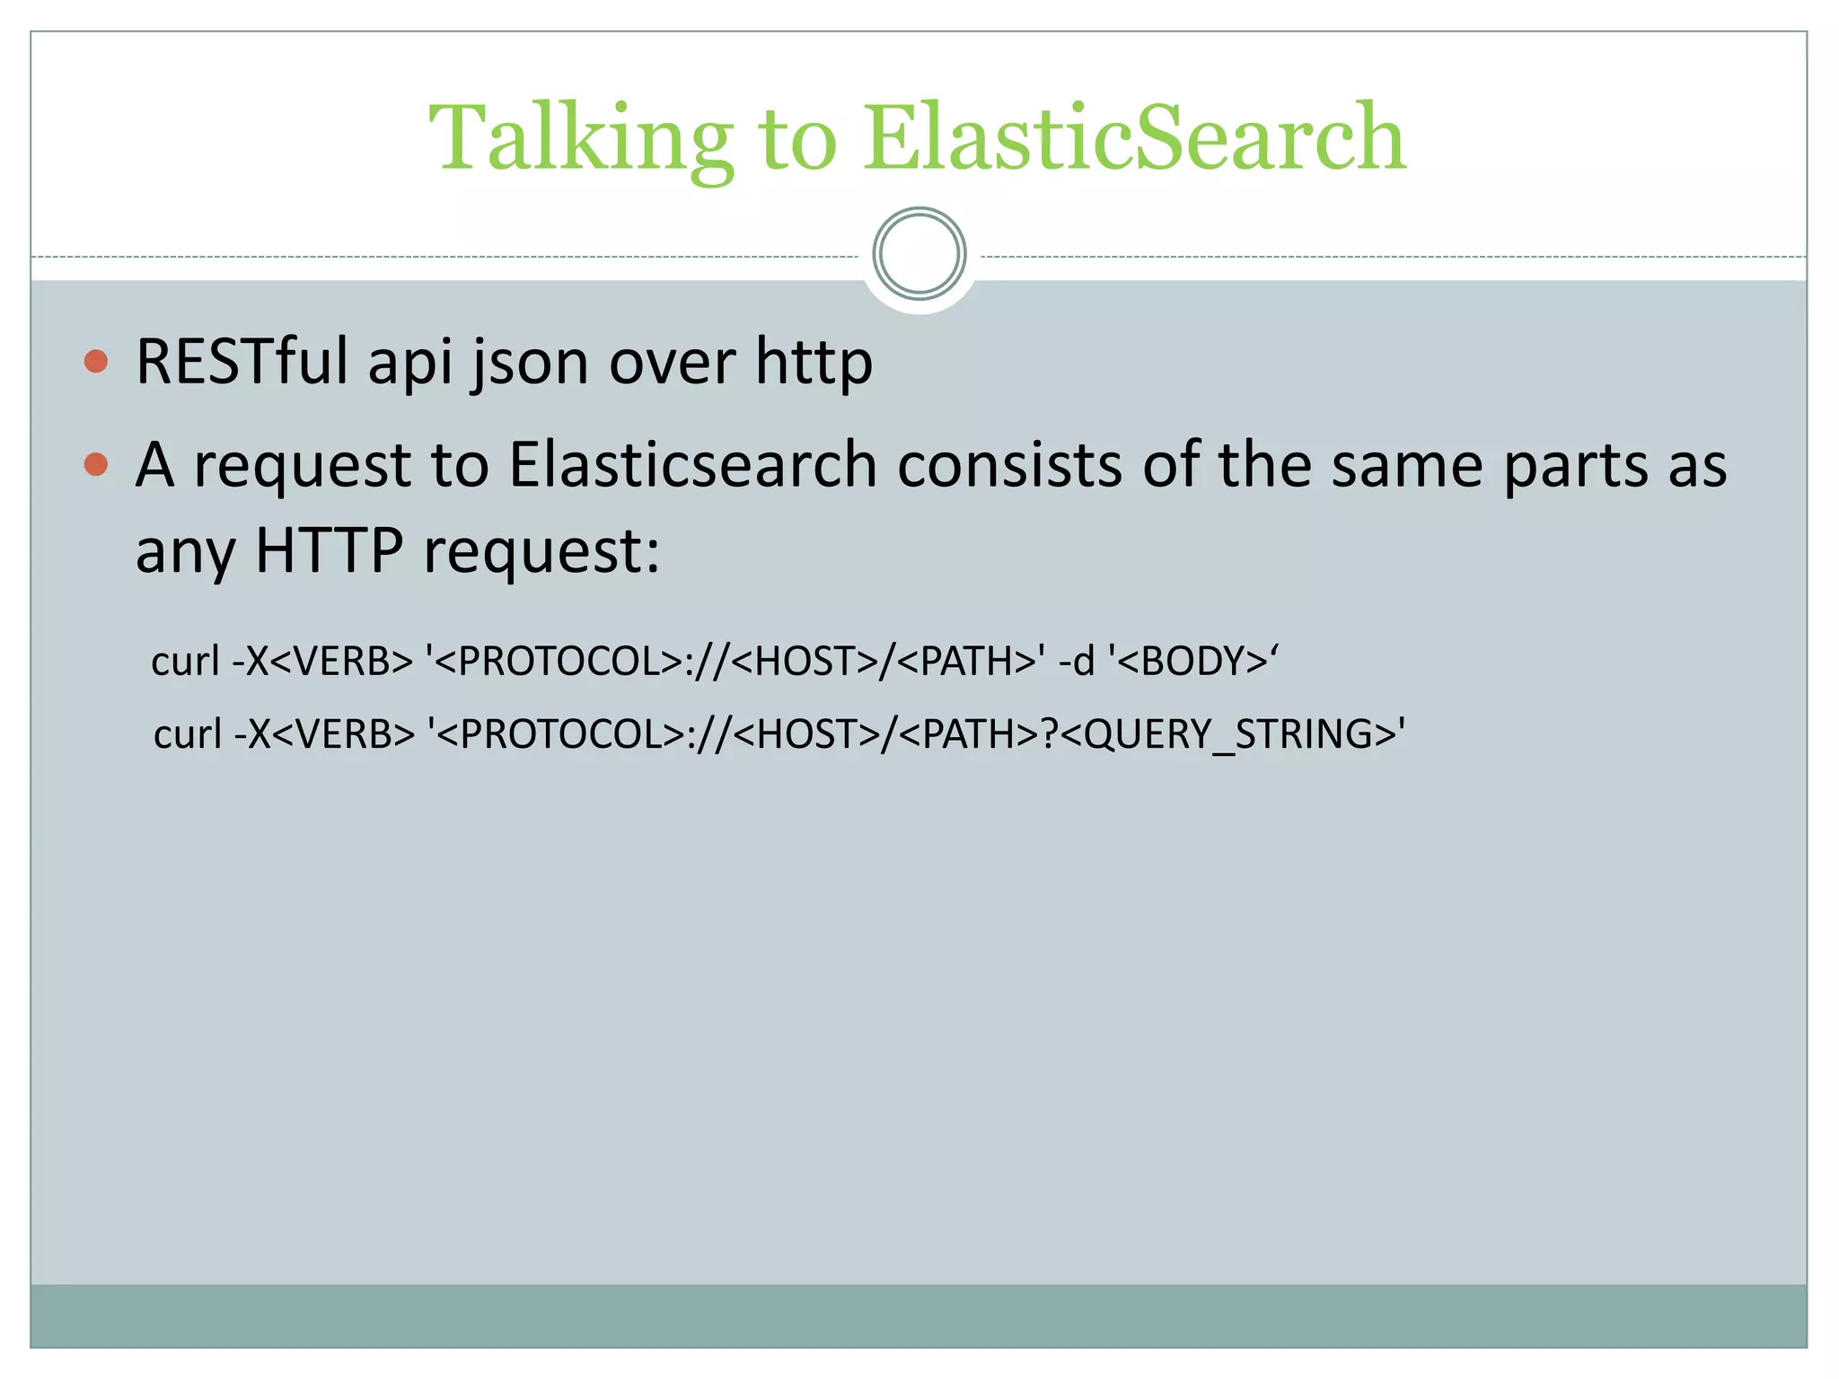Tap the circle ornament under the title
919,254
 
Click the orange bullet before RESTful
96,362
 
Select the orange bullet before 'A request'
96,465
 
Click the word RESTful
242,362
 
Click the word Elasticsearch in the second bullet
692,465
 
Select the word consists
1009,465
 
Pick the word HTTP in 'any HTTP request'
329,549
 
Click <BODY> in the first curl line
1192,662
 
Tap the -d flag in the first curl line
1077,662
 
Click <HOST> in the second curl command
805,734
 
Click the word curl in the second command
187,734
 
